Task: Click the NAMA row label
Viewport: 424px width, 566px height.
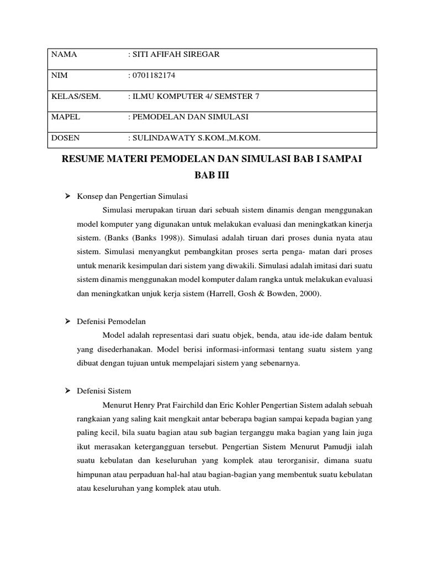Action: (x=64, y=55)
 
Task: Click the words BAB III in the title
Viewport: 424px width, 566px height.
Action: (x=211, y=176)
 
